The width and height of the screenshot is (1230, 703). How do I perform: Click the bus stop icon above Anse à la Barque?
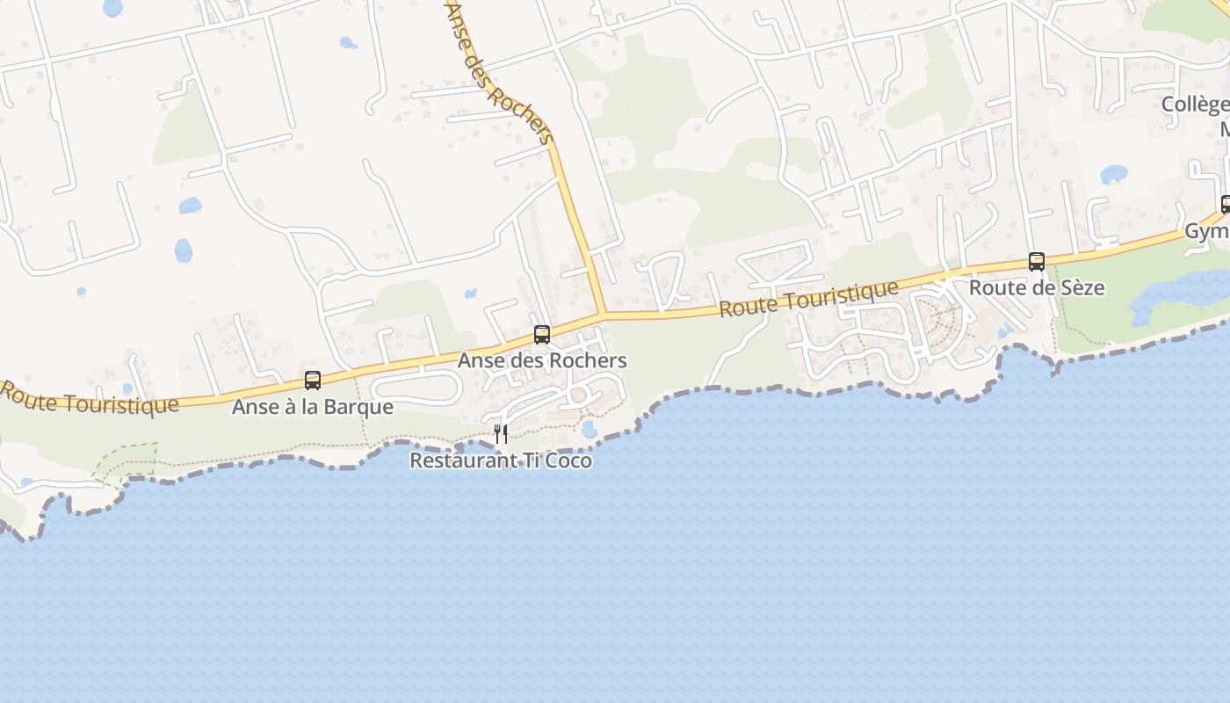(313, 380)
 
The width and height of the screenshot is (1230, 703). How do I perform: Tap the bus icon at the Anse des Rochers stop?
(542, 335)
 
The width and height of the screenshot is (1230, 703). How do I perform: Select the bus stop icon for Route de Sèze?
(1037, 262)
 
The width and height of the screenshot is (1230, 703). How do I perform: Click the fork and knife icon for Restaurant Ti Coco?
(501, 433)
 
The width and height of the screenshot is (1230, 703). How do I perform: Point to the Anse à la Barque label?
(313, 408)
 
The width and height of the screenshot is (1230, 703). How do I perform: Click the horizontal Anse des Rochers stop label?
(542, 361)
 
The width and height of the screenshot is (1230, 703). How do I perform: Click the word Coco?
(569, 460)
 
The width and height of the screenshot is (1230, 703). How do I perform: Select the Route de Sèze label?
(1037, 288)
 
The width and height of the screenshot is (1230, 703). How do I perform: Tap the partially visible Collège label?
(1195, 105)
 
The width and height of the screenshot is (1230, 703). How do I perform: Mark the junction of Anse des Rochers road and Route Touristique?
(604, 314)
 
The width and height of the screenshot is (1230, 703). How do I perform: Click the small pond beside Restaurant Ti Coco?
(590, 429)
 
